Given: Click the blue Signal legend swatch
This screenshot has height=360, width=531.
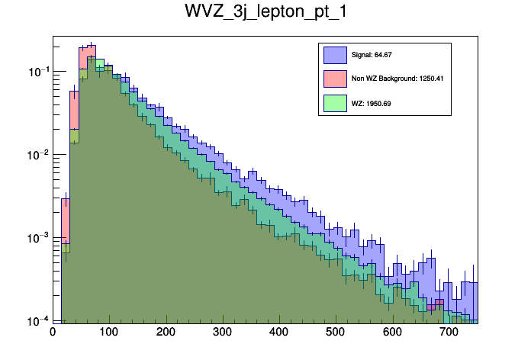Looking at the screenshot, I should coord(334,56).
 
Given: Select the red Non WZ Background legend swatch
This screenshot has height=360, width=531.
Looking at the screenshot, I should coord(334,79).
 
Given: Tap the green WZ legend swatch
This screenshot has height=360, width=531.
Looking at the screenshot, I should coord(334,101).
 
